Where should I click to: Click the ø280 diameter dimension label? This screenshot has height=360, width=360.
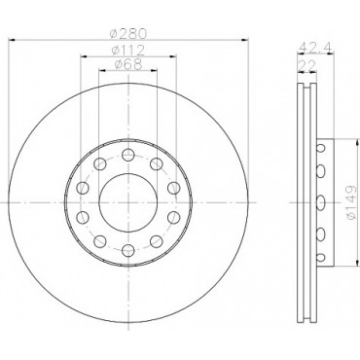(128, 33)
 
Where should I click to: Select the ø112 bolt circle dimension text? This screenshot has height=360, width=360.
(128, 51)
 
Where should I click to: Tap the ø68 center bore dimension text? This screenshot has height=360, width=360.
(128, 64)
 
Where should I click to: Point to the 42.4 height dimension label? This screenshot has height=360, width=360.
(315, 47)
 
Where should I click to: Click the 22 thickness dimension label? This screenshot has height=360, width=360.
(306, 66)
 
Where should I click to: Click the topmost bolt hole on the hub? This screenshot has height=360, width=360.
(128, 155)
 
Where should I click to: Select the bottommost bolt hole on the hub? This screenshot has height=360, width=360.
(128, 250)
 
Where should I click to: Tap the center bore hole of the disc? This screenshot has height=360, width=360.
(128, 202)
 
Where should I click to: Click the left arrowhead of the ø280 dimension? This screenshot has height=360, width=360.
(12, 40)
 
